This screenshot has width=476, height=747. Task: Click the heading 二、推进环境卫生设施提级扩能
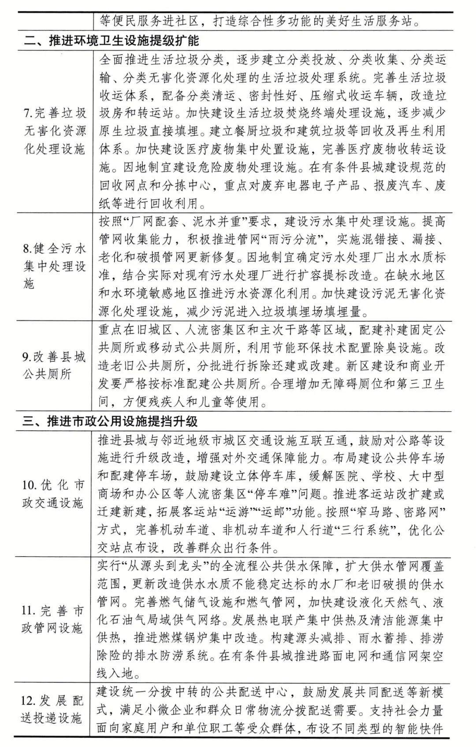point(111,41)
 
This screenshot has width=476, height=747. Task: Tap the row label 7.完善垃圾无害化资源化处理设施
point(54,131)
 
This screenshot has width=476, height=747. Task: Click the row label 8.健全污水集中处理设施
point(54,266)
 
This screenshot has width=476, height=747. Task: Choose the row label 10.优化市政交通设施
point(53,494)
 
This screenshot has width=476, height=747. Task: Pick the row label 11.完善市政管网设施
point(52,619)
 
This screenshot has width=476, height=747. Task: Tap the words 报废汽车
point(394,185)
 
